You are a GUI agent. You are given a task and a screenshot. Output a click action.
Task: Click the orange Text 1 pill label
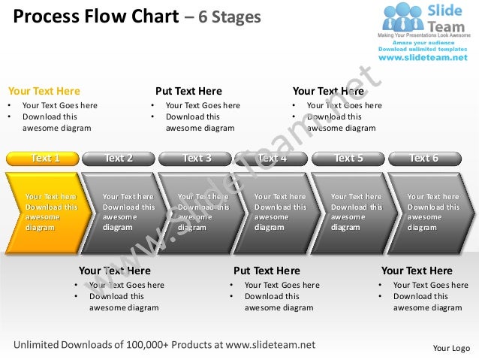(44, 158)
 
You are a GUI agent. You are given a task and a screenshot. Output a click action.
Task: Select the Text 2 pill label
(119, 158)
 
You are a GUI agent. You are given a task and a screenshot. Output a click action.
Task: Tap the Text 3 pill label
(196, 158)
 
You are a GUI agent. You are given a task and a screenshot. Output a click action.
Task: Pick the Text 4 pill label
(272, 158)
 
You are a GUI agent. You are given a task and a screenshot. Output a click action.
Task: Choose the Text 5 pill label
(348, 158)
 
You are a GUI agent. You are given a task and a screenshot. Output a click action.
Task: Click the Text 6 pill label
(424, 158)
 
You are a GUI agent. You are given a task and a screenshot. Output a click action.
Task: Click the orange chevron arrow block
(46, 211)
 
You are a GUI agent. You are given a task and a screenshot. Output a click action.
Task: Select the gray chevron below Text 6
(431, 211)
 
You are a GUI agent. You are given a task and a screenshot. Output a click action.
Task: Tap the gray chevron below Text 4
(277, 211)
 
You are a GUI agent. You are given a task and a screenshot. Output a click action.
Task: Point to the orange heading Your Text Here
(44, 92)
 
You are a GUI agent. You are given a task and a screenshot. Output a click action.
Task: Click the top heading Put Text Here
(188, 92)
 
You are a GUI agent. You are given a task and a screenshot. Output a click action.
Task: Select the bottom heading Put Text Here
(267, 271)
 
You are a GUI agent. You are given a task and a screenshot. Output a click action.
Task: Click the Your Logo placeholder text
(451, 348)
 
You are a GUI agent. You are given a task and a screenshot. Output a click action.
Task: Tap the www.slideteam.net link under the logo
(422, 57)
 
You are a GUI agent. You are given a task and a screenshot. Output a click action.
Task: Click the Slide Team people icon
(404, 18)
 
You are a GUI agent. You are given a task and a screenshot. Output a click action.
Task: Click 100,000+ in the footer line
(153, 345)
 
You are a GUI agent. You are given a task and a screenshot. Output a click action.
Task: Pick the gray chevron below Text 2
(123, 211)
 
